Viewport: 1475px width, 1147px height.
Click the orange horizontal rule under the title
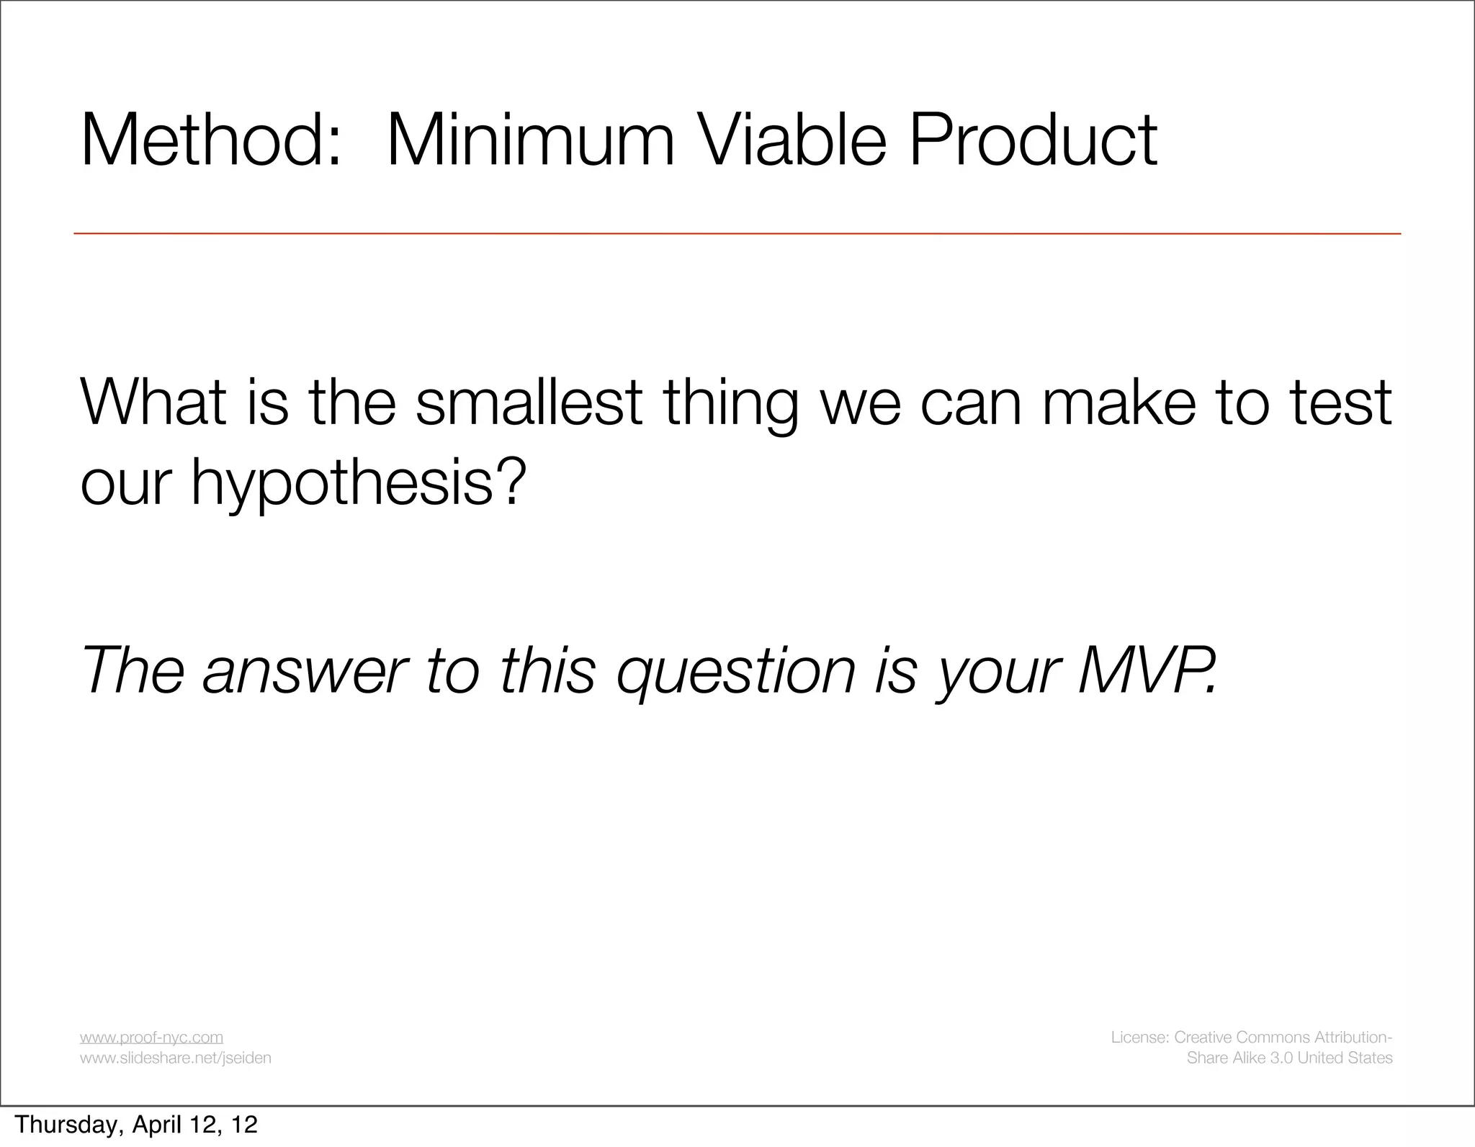pos(737,234)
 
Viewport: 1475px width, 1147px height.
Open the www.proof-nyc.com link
pos(151,1037)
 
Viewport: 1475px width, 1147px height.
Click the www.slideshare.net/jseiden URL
pos(175,1058)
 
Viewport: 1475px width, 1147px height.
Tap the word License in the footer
pos(1139,1037)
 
